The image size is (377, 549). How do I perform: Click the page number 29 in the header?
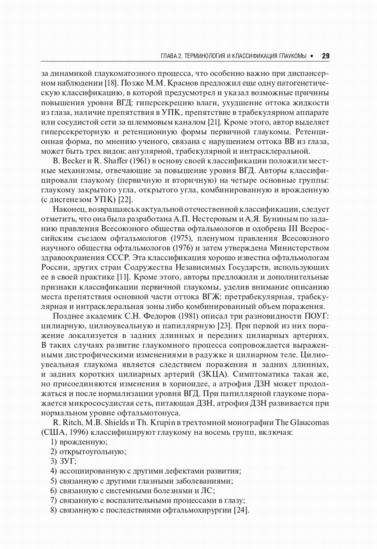pos(326,56)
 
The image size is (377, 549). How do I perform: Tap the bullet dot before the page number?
pos(312,56)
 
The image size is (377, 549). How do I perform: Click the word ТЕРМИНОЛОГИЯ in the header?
pos(203,56)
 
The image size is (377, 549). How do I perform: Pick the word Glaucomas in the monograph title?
pos(310,423)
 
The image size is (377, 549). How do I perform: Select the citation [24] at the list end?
pos(241,510)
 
